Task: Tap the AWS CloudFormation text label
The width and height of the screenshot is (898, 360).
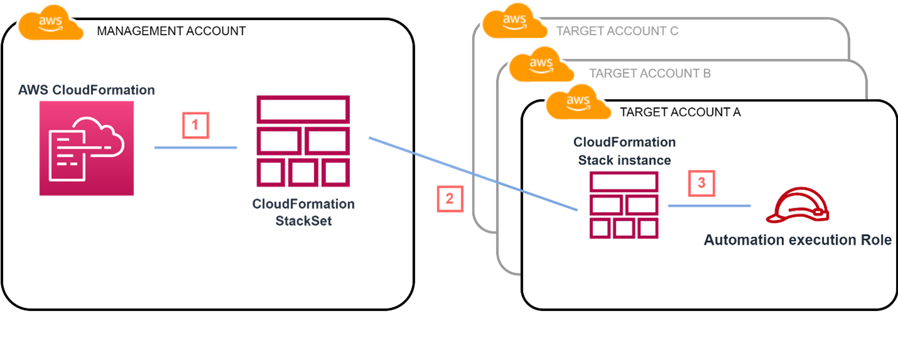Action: (86, 90)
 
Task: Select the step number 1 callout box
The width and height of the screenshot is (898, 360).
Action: (194, 125)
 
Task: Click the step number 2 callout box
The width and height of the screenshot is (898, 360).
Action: (449, 199)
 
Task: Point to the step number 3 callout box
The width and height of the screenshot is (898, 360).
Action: (701, 183)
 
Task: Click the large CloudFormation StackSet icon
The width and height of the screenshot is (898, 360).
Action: (303, 141)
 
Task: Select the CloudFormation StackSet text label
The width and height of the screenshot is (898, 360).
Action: (303, 212)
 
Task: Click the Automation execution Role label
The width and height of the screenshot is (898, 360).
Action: (797, 240)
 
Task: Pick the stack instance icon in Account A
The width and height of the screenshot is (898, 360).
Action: (623, 205)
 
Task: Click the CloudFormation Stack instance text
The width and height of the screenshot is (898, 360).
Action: (624, 151)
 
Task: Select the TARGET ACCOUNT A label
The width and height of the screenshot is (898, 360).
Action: (680, 112)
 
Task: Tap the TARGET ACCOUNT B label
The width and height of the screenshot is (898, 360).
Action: (650, 73)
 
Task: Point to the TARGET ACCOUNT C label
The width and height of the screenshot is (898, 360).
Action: (617, 31)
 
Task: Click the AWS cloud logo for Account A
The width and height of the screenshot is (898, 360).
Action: (578, 103)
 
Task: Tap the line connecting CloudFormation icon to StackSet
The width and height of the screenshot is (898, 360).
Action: (196, 148)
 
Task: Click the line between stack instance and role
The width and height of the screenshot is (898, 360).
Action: (709, 206)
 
